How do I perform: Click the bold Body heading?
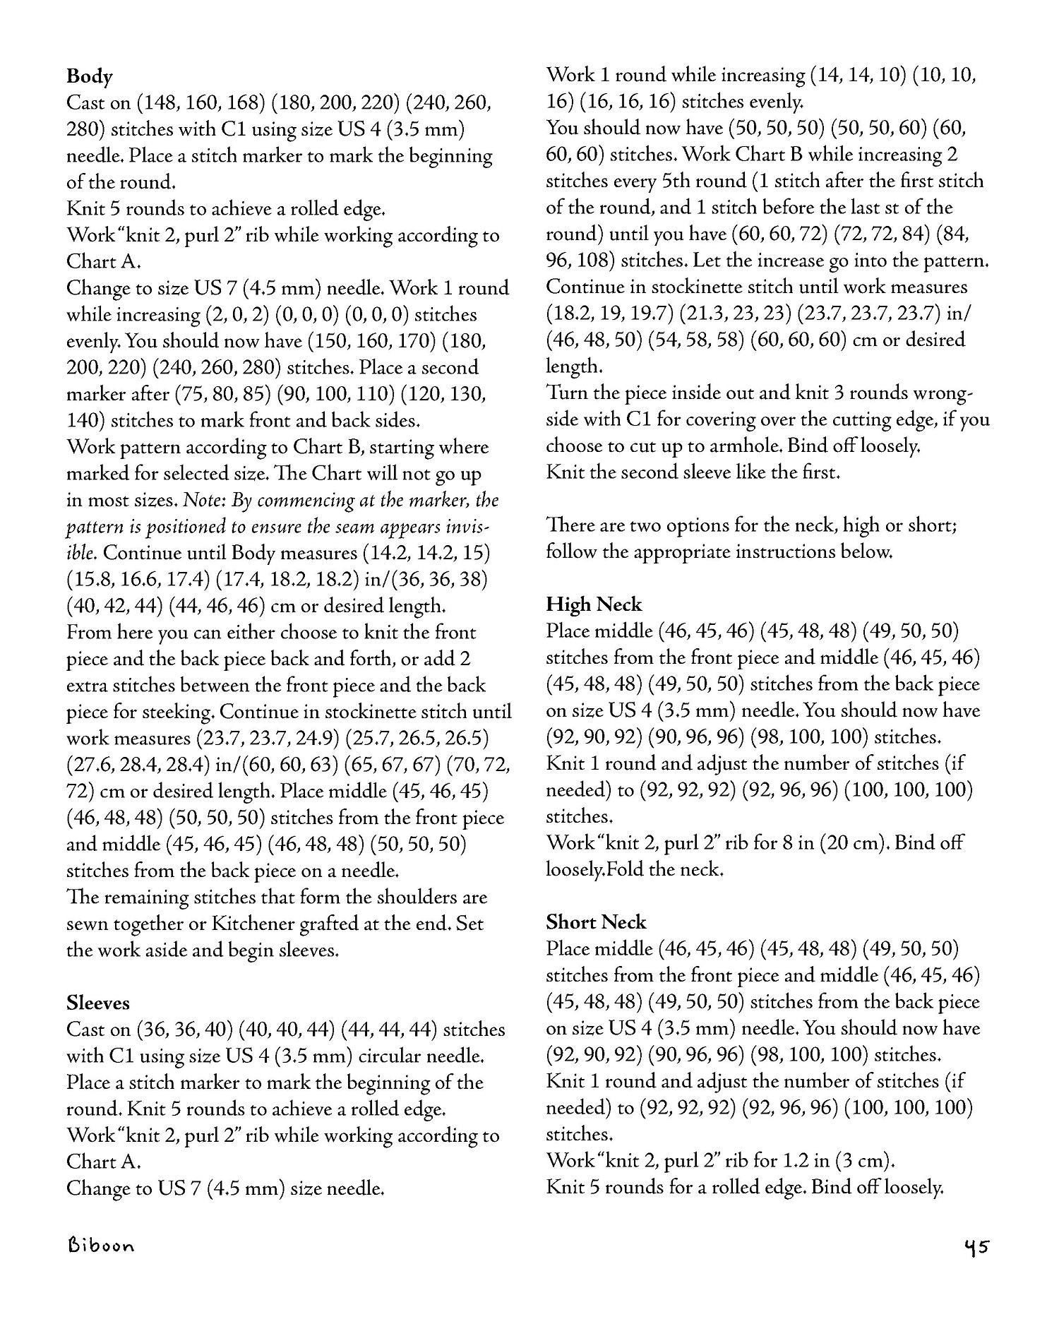coord(90,76)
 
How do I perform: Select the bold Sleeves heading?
coord(98,1003)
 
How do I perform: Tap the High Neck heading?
coord(594,604)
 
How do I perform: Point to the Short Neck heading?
coord(596,922)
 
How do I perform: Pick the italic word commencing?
coord(303,501)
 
